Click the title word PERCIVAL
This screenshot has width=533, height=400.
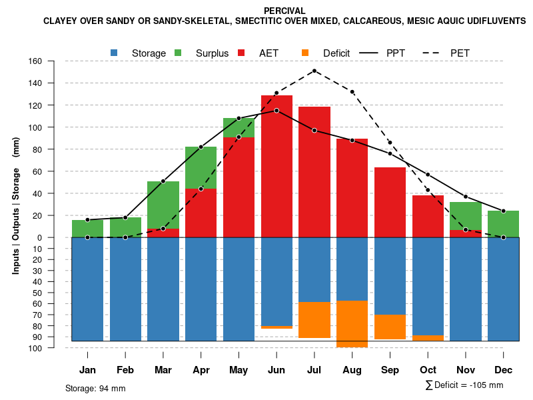(284, 11)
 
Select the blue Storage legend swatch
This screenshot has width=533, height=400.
(114, 53)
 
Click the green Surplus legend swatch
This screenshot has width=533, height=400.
(178, 53)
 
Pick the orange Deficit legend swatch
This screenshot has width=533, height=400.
(305, 53)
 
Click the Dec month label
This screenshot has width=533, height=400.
(504, 370)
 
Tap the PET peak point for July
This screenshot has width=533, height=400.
(314, 71)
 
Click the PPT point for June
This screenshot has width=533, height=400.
(276, 111)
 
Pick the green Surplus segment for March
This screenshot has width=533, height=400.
(163, 205)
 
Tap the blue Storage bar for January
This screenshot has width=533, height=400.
(87, 289)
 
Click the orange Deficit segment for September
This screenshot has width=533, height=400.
(390, 327)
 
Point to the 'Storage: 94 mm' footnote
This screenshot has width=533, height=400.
(95, 388)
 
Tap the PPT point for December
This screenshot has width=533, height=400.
(504, 211)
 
